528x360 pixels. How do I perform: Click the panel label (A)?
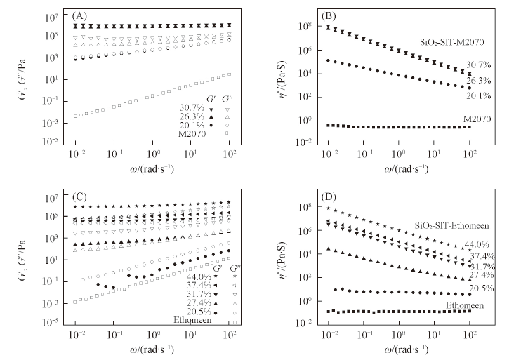[x=79, y=15]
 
